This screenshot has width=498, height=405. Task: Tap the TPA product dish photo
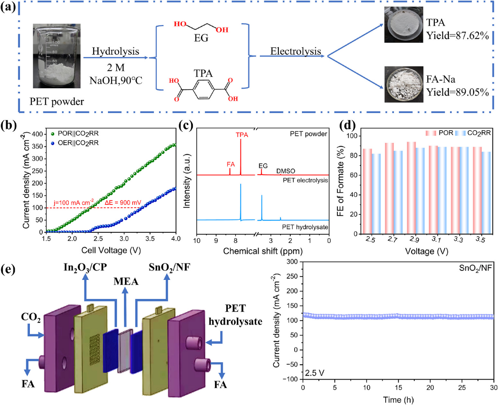pos(403,24)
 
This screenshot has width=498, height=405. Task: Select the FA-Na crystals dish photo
pos(403,84)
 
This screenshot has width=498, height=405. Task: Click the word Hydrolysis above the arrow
pos(115,51)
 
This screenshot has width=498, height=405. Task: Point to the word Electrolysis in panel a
pos(295,51)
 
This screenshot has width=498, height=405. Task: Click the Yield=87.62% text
pos(458,36)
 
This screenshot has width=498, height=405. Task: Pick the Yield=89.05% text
pos(458,92)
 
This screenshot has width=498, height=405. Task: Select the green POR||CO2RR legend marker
pos(53,134)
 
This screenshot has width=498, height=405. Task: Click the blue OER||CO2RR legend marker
pos(53,143)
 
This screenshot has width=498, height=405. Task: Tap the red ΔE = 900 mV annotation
pos(123,203)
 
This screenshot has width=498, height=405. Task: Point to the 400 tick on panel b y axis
pos(37,134)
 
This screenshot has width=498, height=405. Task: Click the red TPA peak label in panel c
pos(242,135)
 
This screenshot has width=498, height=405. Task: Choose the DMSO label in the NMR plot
pos(286,171)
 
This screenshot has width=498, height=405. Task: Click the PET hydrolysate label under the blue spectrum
pos(305,227)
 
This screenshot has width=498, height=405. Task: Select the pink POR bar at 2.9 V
pos(411,188)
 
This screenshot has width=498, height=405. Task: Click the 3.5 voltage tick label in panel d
pos(480,239)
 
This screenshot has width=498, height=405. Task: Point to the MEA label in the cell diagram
pos(126,281)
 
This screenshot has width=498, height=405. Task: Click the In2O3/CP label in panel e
pos(85,267)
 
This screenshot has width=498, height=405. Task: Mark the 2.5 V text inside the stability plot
pos(315,373)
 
